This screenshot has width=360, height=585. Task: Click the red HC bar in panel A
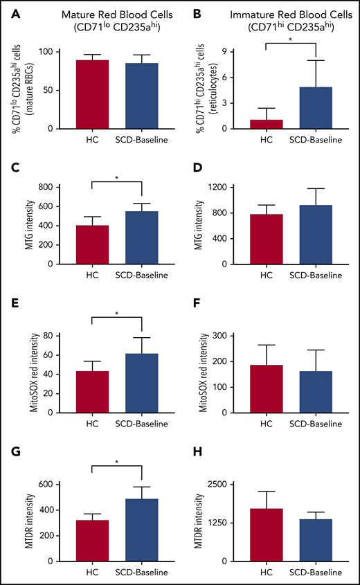93,94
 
